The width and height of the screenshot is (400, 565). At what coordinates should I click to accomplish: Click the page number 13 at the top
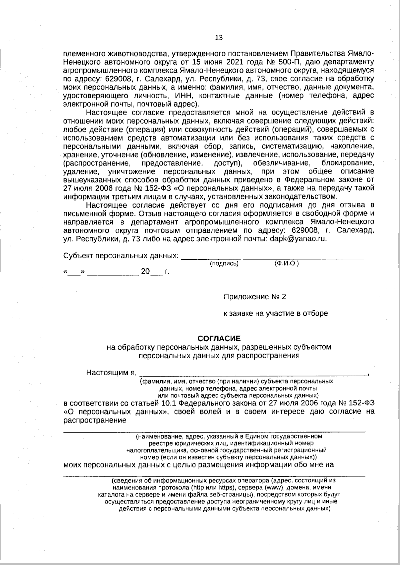tap(219, 38)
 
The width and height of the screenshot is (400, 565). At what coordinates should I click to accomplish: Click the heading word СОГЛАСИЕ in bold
tap(219, 339)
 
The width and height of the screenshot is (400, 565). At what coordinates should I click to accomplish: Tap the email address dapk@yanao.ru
tap(297, 239)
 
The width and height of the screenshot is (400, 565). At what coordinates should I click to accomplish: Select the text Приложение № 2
tap(255, 296)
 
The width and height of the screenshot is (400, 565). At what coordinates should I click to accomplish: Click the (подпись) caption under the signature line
tap(224, 264)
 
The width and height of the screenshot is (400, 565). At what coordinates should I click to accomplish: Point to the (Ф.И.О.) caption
tap(286, 263)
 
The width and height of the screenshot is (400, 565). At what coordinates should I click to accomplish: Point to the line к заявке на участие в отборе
tap(275, 313)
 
